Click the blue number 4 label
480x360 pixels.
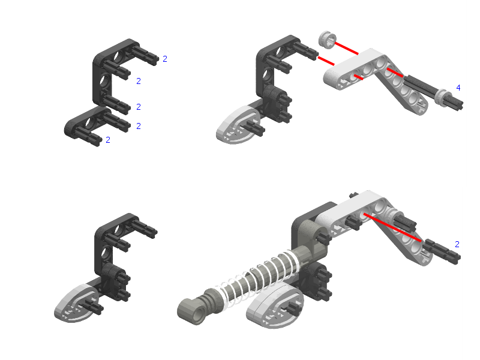[458, 88]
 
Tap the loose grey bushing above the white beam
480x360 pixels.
[327, 40]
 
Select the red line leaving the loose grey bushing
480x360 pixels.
[347, 49]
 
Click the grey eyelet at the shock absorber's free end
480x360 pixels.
[192, 311]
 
